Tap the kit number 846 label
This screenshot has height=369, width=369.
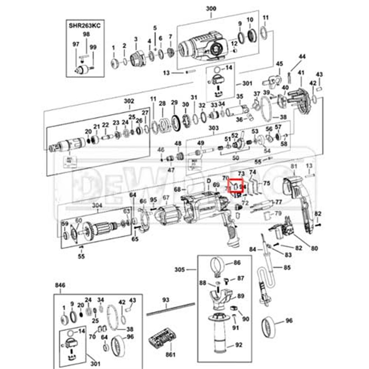[x=60, y=285]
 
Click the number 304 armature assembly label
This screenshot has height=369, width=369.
[x=97, y=205]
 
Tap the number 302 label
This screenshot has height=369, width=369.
[x=129, y=101]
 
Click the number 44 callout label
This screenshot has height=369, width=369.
[x=302, y=57]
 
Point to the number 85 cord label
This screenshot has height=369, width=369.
[x=287, y=268]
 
